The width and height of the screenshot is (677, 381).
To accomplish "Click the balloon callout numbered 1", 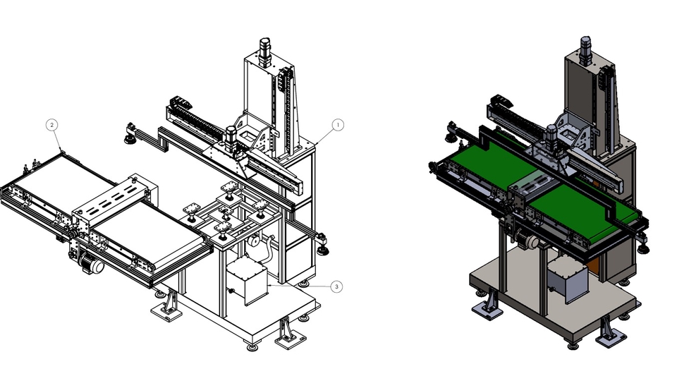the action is [338, 126].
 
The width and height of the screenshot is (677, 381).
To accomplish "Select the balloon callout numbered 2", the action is [51, 126].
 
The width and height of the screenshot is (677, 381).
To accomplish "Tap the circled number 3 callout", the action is [337, 286].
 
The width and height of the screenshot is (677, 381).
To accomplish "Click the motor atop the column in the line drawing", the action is [265, 52].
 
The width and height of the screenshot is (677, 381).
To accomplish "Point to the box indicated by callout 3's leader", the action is [247, 281].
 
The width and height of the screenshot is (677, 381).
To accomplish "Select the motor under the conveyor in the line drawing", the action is [91, 263].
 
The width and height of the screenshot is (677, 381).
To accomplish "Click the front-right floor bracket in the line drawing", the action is [290, 332].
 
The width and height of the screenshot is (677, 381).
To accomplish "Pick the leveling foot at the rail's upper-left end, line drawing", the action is [130, 133].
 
